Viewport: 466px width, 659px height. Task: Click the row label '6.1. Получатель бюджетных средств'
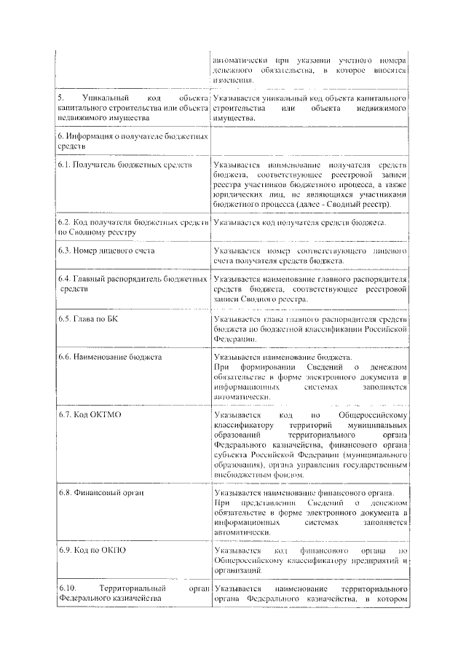click(125, 165)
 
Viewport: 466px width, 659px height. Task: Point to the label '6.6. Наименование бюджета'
click(110, 358)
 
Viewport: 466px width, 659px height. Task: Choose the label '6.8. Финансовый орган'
click(101, 493)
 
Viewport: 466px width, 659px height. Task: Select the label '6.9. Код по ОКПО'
click(92, 550)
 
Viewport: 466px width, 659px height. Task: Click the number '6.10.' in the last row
click(67, 588)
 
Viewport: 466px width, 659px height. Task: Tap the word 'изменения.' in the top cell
click(234, 79)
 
